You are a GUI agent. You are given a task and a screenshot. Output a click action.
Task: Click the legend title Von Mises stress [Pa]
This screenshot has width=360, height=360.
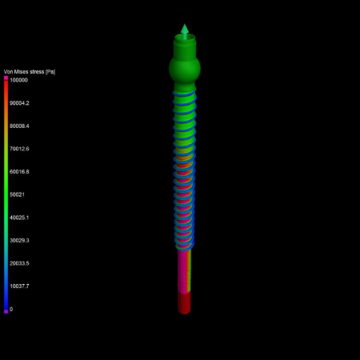pyautogui.click(x=30, y=72)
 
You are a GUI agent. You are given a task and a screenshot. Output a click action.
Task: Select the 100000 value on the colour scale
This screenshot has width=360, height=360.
pyautogui.click(x=18, y=80)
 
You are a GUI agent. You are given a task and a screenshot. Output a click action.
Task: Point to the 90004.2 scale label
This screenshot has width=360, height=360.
pyautogui.click(x=19, y=103)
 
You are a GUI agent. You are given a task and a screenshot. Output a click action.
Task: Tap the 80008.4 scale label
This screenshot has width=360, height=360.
pyautogui.click(x=19, y=126)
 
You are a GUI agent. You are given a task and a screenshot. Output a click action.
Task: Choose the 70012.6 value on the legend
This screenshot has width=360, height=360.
pyautogui.click(x=19, y=149)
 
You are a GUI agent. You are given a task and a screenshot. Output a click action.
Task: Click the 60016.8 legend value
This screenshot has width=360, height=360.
pyautogui.click(x=19, y=171)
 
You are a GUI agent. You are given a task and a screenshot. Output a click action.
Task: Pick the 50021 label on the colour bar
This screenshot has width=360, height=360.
pyautogui.click(x=17, y=194)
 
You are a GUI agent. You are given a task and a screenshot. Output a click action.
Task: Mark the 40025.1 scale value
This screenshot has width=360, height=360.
pyautogui.click(x=19, y=218)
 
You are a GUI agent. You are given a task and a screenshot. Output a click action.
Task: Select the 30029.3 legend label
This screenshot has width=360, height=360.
pyautogui.click(x=19, y=240)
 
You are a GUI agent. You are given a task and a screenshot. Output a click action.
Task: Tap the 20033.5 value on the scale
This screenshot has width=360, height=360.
pyautogui.click(x=19, y=263)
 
